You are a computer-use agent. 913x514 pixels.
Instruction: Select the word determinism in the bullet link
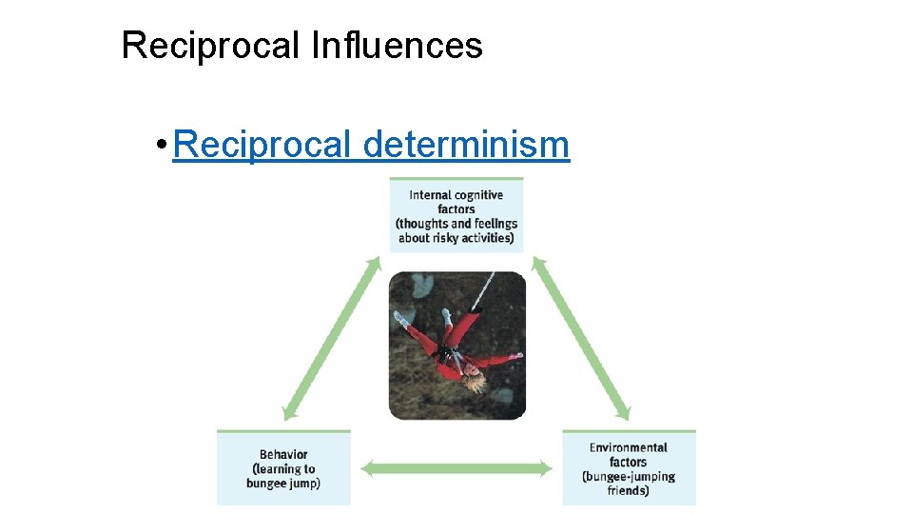[466, 145]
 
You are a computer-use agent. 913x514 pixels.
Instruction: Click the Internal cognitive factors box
[456, 216]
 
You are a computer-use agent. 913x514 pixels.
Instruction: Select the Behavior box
[283, 468]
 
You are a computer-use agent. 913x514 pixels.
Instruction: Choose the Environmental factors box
[629, 468]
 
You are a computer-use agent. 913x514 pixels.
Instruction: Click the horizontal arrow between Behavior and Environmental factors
[456, 468]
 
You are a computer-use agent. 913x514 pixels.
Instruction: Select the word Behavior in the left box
[283, 454]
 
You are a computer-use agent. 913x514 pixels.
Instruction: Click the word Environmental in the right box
[629, 447]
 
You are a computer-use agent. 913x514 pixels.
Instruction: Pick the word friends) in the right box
[629, 490]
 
